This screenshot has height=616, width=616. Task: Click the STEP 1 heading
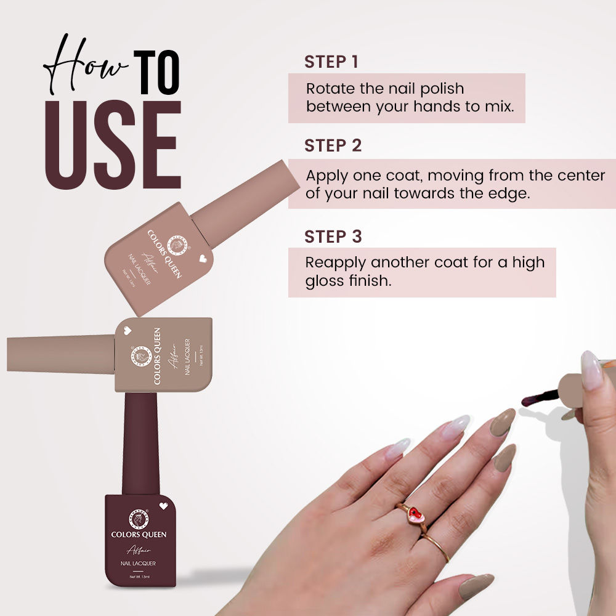click(331, 62)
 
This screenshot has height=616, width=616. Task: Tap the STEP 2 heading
click(333, 146)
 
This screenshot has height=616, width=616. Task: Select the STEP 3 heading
click(333, 237)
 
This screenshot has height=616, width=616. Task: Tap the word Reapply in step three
click(336, 262)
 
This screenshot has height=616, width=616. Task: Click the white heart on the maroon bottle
click(163, 506)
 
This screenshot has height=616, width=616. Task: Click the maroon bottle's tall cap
click(140, 444)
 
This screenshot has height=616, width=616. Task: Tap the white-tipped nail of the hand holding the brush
click(591, 370)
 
